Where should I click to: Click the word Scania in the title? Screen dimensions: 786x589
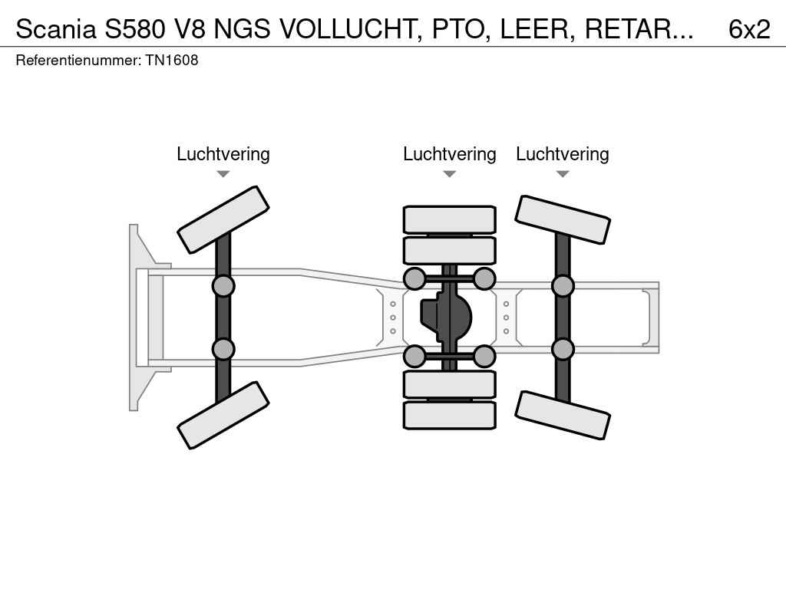coord(55,29)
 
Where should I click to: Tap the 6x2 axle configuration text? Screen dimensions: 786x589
coord(749,29)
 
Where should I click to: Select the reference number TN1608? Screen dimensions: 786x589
coord(172,60)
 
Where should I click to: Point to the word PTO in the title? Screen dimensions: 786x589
coord(461,29)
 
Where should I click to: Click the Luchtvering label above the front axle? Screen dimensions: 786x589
coord(223,153)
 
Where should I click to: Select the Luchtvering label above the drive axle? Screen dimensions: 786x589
coord(450,153)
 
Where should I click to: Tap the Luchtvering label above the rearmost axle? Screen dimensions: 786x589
coord(563,153)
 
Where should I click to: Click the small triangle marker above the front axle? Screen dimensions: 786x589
coord(223,174)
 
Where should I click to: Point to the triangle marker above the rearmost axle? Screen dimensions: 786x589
coord(563,174)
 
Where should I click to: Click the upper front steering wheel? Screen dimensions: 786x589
coord(223,219)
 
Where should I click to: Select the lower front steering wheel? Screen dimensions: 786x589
coord(223,415)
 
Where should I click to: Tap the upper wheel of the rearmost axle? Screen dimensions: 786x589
coord(563,219)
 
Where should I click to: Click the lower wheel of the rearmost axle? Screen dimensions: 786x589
coord(563,415)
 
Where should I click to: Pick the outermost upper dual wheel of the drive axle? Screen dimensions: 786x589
coord(450,219)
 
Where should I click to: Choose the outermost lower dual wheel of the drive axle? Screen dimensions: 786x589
coord(450,415)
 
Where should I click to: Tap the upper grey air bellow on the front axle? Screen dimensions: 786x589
coord(223,286)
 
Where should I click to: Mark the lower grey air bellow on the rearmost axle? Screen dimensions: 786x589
coord(563,349)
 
